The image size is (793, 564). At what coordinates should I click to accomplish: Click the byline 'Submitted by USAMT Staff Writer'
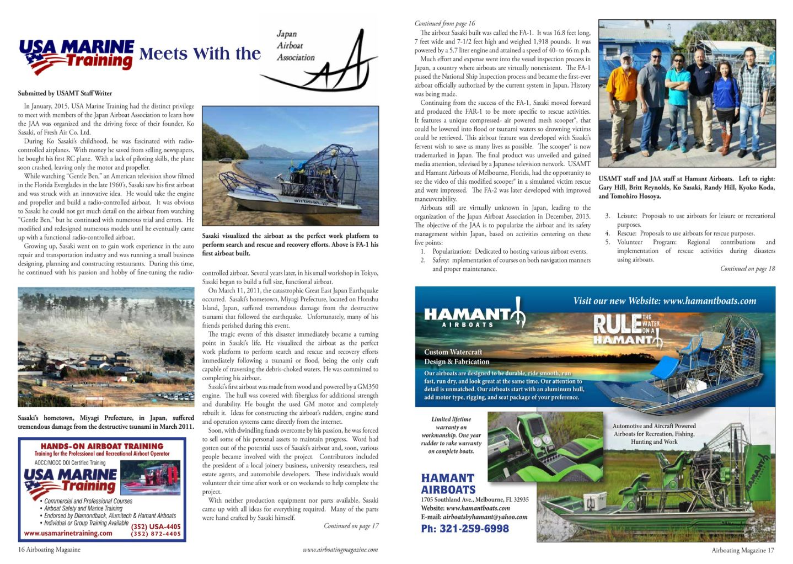[65, 93]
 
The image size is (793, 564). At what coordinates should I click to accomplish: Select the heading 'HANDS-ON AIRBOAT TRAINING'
[102, 446]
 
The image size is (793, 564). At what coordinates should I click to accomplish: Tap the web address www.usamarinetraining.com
[68, 534]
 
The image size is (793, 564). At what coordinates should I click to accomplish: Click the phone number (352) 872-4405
[156, 534]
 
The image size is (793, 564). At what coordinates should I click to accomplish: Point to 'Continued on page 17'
[351, 526]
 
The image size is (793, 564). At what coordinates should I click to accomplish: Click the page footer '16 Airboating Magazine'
[49, 550]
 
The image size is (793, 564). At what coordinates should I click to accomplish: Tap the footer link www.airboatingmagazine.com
[340, 550]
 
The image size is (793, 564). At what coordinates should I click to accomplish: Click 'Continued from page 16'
[444, 24]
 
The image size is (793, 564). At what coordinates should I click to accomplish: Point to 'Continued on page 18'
[747, 269]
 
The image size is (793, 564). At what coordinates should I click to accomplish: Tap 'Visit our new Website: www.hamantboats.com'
[665, 301]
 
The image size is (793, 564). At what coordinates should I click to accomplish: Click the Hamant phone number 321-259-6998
[465, 529]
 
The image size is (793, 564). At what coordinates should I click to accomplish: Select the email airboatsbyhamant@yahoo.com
[474, 517]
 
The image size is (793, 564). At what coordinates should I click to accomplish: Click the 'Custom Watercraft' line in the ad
[453, 352]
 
